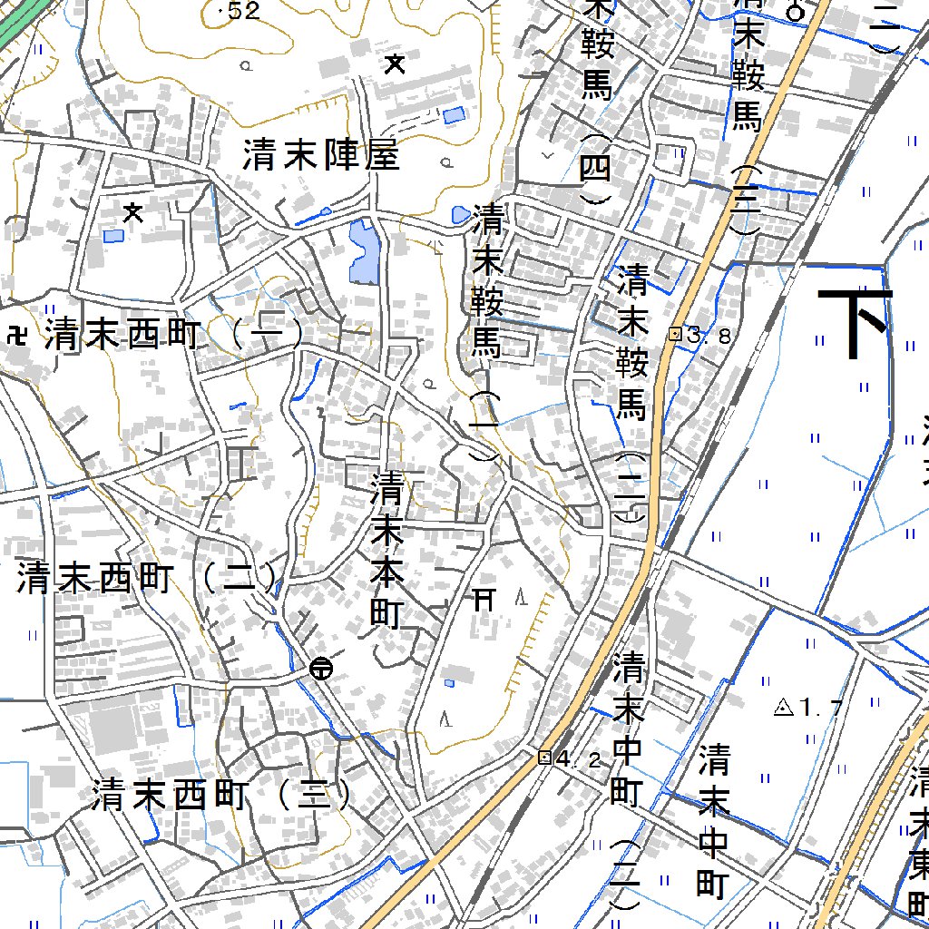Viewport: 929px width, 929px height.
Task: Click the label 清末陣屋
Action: coord(320,156)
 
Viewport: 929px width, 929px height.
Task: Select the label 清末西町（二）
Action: coord(145,579)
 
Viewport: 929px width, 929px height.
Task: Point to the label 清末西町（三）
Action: coord(221,797)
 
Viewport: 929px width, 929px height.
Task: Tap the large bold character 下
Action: coord(855,323)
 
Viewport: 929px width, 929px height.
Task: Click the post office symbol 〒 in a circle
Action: coord(320,670)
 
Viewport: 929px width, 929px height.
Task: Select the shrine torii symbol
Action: coord(484,599)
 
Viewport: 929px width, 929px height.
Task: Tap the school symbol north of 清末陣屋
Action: coord(395,64)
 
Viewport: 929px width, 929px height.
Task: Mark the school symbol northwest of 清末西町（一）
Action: coord(133,213)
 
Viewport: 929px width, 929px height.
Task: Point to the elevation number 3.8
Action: coord(709,336)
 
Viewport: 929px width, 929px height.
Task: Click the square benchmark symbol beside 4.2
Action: coord(544,758)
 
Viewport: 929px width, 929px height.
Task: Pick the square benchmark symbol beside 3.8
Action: coord(674,334)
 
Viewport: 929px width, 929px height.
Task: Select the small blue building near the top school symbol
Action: coord(453,115)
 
